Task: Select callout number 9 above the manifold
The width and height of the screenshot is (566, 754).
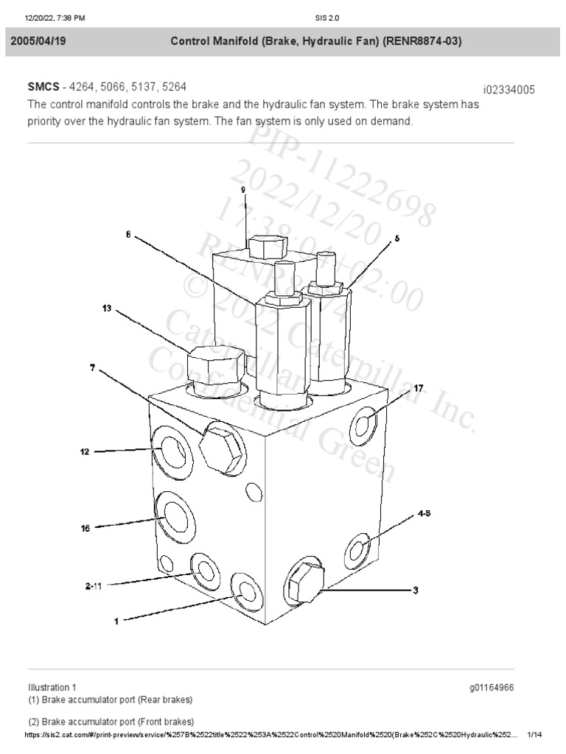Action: pos(242,189)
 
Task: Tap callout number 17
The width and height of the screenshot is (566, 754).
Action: pos(417,388)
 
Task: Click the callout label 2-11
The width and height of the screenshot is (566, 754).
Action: pos(94,585)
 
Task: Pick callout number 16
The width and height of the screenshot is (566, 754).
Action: pos(85,527)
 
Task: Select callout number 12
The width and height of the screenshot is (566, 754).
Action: pos(85,451)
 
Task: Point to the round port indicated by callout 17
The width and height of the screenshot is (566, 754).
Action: pos(366,424)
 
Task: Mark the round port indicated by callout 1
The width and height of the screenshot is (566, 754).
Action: pos(244,589)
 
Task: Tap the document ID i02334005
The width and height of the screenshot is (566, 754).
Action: pos(508,90)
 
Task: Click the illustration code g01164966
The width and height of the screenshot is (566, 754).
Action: pos(491,687)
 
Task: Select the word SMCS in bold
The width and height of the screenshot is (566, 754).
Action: pos(43,88)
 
